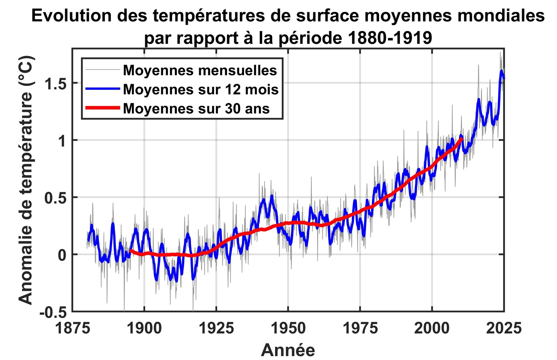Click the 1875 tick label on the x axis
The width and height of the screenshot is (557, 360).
click(72, 328)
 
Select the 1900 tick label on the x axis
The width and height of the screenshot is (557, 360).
click(144, 328)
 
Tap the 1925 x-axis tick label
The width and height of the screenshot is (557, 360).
click(216, 328)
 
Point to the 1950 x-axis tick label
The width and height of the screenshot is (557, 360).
click(288, 328)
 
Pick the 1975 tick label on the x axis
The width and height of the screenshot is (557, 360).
click(360, 328)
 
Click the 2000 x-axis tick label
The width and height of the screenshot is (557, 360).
click(432, 328)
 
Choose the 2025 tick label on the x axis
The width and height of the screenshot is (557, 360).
click(504, 328)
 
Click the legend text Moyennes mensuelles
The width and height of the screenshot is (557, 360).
click(200, 71)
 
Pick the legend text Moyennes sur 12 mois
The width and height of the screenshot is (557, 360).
click(201, 90)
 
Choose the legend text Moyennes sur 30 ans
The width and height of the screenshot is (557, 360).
click(196, 109)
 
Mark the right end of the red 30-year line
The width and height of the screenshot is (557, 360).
click(462, 138)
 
